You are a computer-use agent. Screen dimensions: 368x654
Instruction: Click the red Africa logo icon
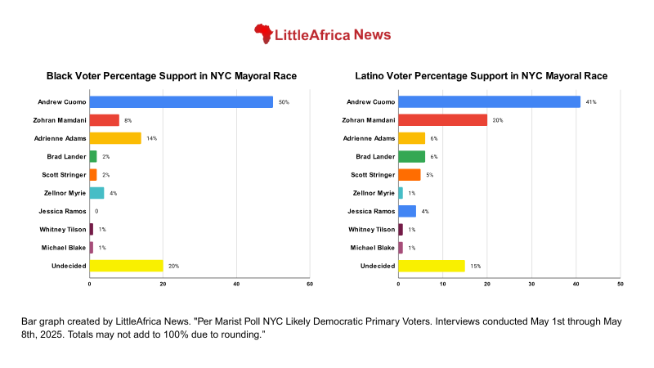point(263,34)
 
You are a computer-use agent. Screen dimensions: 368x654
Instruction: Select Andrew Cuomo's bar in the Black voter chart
point(181,101)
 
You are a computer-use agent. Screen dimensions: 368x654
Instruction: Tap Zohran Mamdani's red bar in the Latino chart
point(442,120)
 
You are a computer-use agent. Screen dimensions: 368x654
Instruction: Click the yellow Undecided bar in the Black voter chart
point(126,266)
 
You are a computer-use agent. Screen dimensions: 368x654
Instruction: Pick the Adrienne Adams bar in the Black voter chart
point(114,138)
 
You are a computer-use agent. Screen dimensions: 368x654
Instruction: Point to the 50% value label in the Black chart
point(284,102)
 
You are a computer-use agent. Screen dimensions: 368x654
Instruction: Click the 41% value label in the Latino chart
point(590,102)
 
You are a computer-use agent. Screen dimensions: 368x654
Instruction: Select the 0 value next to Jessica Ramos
point(96,211)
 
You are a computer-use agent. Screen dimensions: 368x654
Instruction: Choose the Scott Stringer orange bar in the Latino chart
point(409,175)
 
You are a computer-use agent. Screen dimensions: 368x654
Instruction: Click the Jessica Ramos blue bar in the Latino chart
point(407,211)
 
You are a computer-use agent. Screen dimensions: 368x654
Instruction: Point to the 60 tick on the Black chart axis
point(310,284)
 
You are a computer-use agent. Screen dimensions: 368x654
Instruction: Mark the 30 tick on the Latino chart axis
point(531,284)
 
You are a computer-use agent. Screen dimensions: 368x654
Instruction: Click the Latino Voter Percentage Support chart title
point(481,76)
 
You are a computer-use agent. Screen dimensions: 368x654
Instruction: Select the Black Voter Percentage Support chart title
point(171,76)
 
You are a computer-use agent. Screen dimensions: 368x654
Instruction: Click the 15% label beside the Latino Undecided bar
point(474,266)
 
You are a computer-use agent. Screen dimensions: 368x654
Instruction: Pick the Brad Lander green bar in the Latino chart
point(411,156)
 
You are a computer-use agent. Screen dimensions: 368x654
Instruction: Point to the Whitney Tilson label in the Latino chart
point(372,229)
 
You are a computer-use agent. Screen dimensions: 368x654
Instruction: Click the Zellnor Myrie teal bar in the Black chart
point(96,193)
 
